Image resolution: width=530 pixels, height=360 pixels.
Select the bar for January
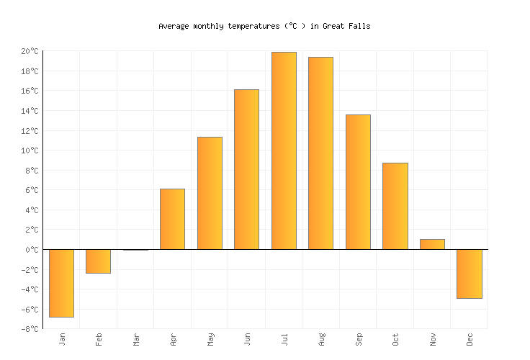click(61, 283)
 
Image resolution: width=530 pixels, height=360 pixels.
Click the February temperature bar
click(98, 261)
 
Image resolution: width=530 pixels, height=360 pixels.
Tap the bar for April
click(172, 219)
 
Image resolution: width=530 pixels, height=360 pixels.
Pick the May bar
click(210, 193)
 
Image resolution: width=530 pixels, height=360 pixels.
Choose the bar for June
click(246, 169)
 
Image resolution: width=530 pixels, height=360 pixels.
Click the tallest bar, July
click(284, 150)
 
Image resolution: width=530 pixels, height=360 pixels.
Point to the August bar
click(320, 153)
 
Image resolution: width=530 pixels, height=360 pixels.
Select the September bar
click(358, 182)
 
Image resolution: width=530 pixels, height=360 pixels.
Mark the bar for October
click(395, 206)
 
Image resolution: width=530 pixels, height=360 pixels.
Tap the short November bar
click(432, 244)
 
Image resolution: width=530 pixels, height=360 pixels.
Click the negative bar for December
click(469, 274)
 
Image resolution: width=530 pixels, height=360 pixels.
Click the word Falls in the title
click(357, 26)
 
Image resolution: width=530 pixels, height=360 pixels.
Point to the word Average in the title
click(174, 26)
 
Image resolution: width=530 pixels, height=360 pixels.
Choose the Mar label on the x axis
click(135, 338)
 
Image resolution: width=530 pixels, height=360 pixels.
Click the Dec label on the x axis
click(469, 338)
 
